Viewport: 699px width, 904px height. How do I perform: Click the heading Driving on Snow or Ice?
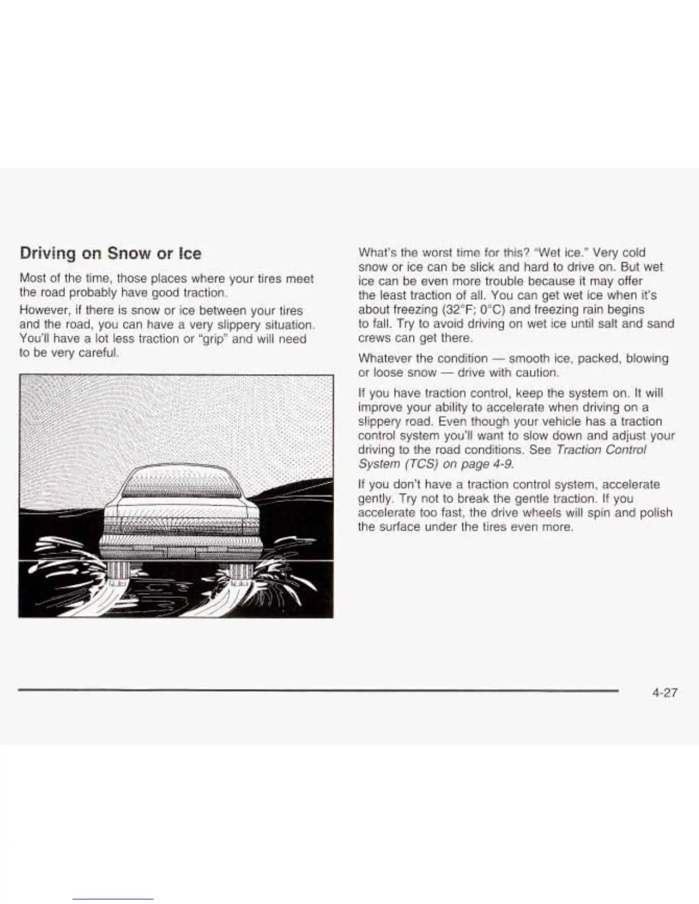pyautogui.click(x=110, y=253)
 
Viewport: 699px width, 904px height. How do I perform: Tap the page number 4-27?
pyautogui.click(x=663, y=693)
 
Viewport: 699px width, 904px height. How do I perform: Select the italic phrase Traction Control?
pyautogui.click(x=601, y=450)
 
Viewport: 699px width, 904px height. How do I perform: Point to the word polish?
pyautogui.click(x=656, y=512)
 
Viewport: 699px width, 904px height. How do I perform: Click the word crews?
pyautogui.click(x=375, y=338)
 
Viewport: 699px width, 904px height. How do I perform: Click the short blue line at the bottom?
pyautogui.click(x=113, y=899)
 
